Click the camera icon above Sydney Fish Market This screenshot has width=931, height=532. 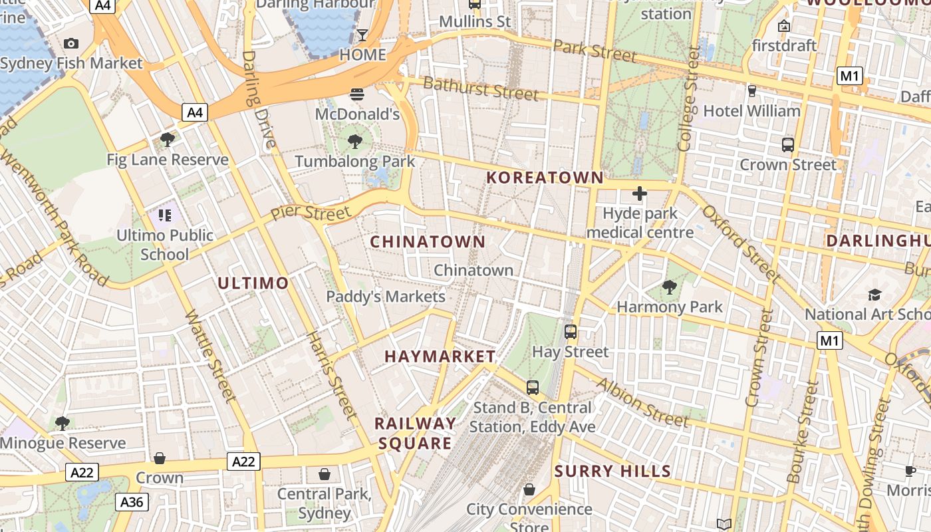pyautogui.click(x=71, y=44)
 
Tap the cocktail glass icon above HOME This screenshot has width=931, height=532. pyautogui.click(x=362, y=35)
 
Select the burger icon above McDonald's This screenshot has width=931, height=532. pyautogui.click(x=357, y=94)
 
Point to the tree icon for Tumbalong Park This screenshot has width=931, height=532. pyautogui.click(x=355, y=141)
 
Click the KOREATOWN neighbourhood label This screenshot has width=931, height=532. pyautogui.click(x=545, y=178)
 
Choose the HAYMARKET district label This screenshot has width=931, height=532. pyautogui.click(x=440, y=356)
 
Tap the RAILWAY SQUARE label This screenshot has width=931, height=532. pyautogui.click(x=416, y=434)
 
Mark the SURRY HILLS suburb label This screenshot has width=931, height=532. pyautogui.click(x=612, y=471)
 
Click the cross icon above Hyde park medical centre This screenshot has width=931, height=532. pyautogui.click(x=640, y=194)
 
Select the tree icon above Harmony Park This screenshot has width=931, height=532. pyautogui.click(x=670, y=287)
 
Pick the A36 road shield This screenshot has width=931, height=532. pyautogui.click(x=132, y=502)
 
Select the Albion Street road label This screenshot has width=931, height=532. pyautogui.click(x=642, y=402)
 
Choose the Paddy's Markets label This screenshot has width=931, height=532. pyautogui.click(x=386, y=297)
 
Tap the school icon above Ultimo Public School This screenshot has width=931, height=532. pyautogui.click(x=164, y=215)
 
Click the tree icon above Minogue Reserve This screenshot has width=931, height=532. pyautogui.click(x=63, y=423)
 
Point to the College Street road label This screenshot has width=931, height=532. pyautogui.click(x=687, y=100)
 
